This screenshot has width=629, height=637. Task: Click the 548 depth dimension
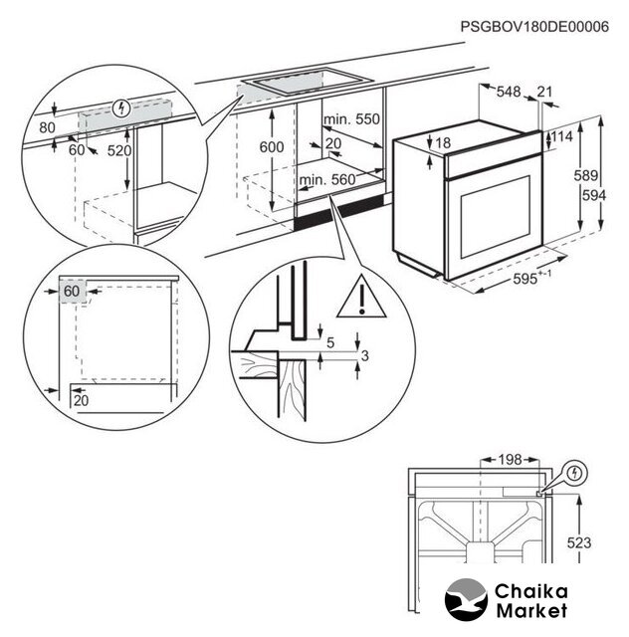point(509,92)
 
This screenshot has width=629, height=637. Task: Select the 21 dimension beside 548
point(543,92)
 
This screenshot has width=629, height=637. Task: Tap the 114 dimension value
point(563,136)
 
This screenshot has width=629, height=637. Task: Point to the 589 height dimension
point(591,176)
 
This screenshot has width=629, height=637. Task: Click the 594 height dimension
point(594,196)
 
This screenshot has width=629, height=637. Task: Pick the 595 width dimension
point(523,281)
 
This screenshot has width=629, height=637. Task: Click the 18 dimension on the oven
point(444,143)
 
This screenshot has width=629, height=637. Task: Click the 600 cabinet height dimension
point(271,147)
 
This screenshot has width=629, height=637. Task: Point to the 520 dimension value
point(118,150)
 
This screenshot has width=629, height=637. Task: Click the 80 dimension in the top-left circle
point(46,127)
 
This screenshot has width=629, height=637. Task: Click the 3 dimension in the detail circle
point(365,355)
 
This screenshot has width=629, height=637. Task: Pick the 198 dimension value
point(509,460)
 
